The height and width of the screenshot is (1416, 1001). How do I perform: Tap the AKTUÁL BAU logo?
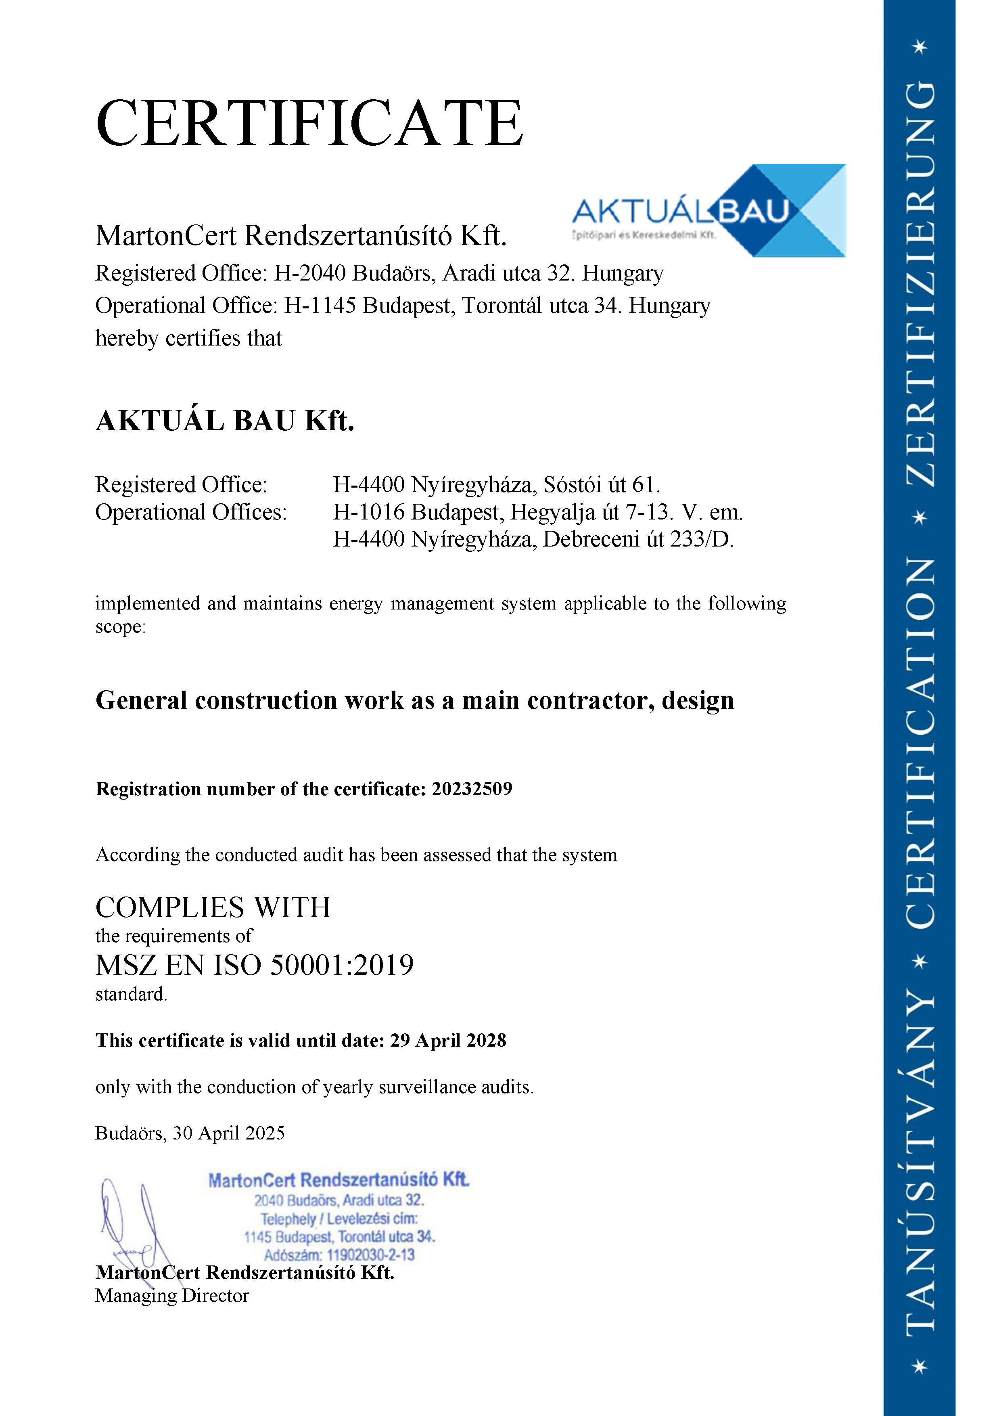pyautogui.click(x=709, y=211)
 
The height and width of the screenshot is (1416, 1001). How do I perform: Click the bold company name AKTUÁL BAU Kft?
pyautogui.click(x=225, y=421)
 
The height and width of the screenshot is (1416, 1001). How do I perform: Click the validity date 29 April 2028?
pyautogui.click(x=448, y=1041)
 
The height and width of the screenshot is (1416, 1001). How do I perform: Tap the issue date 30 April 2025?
pyautogui.click(x=229, y=1133)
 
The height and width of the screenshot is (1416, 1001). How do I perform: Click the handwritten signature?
pyautogui.click(x=132, y=1224)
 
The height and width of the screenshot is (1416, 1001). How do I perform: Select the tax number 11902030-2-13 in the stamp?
pyautogui.click(x=370, y=1255)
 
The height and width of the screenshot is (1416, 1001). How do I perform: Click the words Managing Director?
pyautogui.click(x=172, y=1296)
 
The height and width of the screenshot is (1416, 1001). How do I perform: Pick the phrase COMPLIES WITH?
pyautogui.click(x=213, y=908)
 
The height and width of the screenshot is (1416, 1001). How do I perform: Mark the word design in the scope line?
pyautogui.click(x=698, y=701)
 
